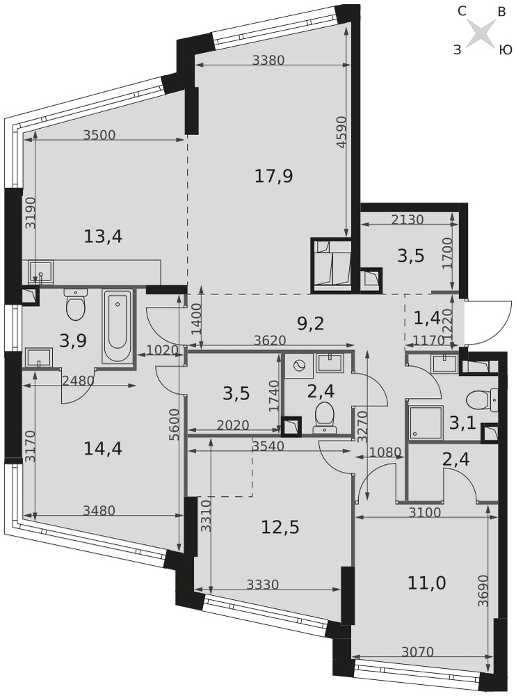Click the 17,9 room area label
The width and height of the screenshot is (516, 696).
274,177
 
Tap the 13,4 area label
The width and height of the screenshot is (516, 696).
103,237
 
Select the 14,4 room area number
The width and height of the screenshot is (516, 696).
103,449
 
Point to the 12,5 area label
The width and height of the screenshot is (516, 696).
280,528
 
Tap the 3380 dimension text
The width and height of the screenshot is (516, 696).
268,60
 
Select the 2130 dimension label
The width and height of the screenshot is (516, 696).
408,219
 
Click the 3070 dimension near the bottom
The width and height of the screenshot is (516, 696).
417,651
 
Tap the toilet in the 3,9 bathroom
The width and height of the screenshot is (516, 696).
75,305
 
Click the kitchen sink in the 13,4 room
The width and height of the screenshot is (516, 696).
40,271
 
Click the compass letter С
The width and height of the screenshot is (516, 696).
462,11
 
